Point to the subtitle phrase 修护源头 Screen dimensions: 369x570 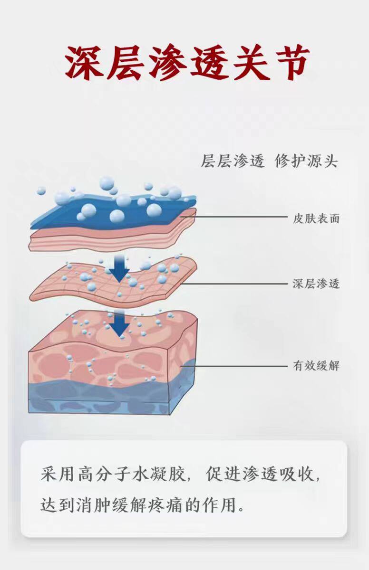[x=307, y=161]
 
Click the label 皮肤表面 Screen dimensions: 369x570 [x=316, y=219]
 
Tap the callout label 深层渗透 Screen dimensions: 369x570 [x=316, y=285]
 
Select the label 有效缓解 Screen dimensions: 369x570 [x=316, y=366]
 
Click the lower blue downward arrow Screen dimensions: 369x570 [x=121, y=323]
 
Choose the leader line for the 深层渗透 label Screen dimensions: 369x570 [x=238, y=285]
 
